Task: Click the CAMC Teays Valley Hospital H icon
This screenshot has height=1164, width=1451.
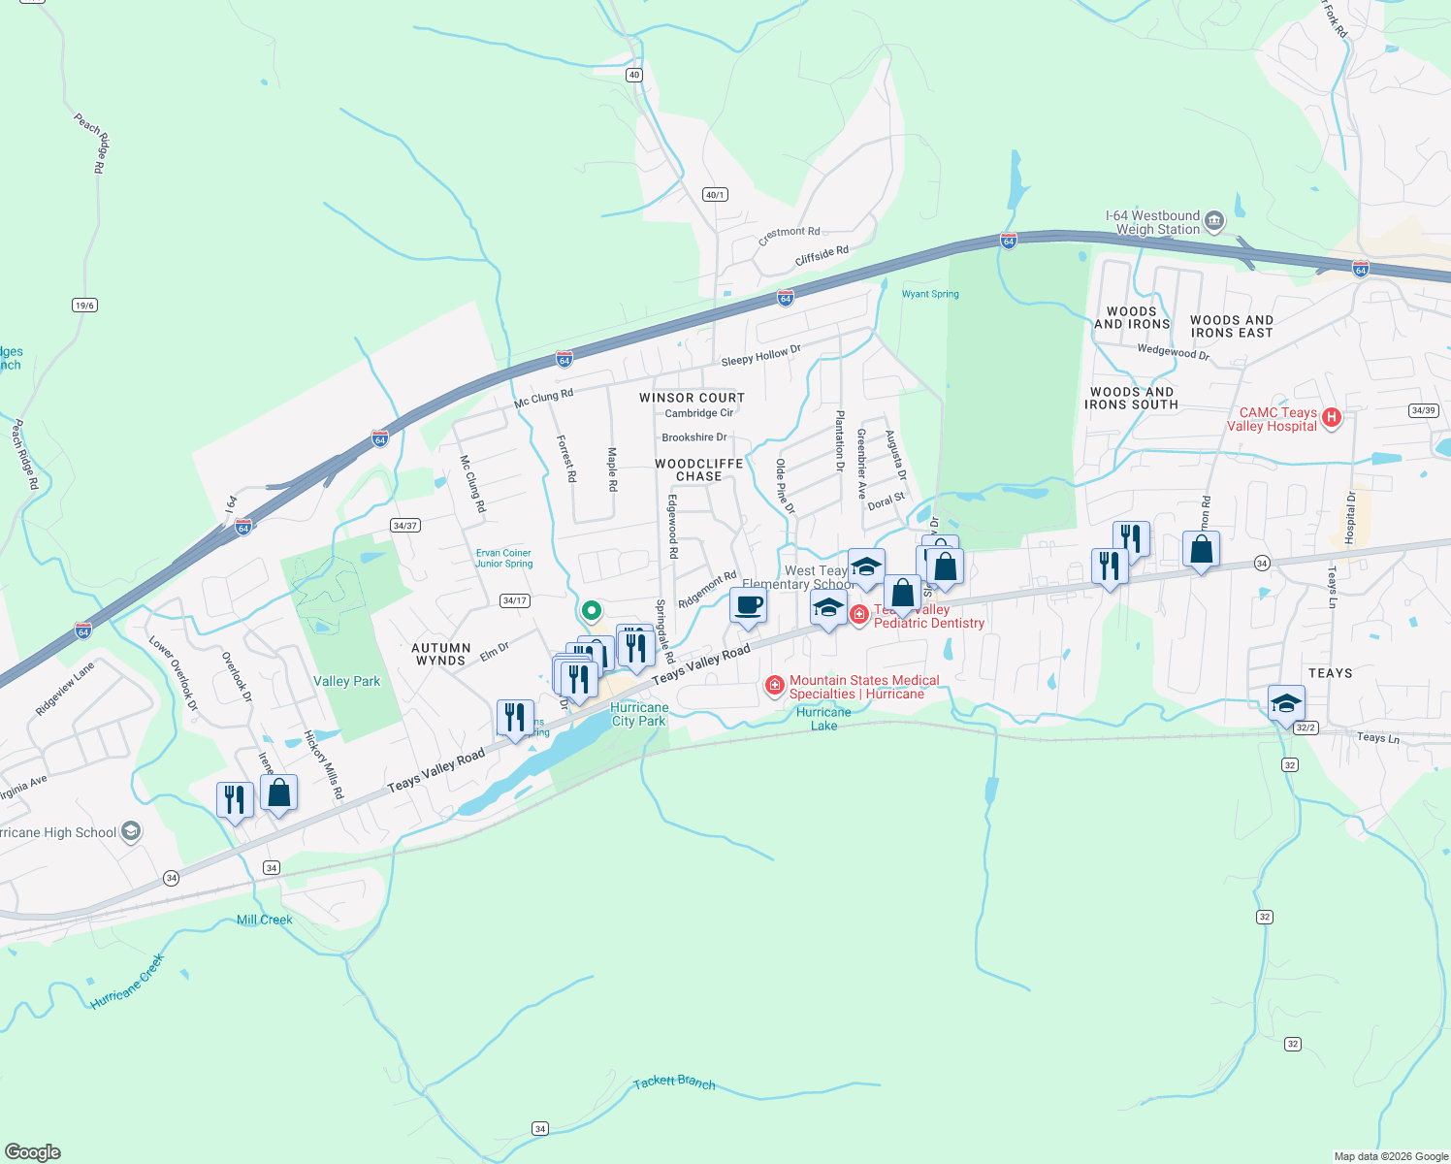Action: click(1332, 418)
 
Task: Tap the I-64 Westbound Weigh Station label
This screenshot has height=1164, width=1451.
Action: click(1152, 222)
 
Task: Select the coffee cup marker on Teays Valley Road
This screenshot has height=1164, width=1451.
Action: click(748, 606)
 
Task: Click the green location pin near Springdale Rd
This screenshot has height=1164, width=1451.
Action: click(591, 611)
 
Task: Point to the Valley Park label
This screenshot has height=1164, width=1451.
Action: click(346, 681)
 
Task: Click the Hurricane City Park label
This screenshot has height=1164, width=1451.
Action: click(638, 714)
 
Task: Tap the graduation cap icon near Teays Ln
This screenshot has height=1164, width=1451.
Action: click(1285, 703)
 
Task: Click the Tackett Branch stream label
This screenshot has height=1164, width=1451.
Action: click(674, 1083)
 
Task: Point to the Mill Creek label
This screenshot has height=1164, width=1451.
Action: click(264, 920)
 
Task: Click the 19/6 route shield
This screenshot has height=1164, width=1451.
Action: click(84, 306)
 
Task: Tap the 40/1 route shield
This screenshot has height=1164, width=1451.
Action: click(715, 195)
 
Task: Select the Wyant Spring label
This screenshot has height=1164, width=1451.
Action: click(929, 294)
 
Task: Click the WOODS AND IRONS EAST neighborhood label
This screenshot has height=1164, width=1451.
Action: click(1231, 326)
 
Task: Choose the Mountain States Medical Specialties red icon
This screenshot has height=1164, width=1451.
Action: click(774, 687)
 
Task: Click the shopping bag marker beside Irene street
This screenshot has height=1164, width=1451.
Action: click(278, 793)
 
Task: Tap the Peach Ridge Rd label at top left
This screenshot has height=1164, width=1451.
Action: click(90, 143)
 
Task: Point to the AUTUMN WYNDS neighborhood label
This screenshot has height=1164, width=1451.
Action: click(440, 654)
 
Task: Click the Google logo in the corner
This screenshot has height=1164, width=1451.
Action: click(33, 1151)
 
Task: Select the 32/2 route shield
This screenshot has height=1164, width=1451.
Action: click(1306, 727)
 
